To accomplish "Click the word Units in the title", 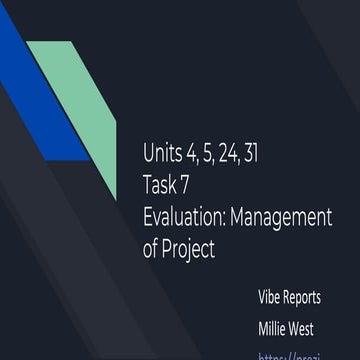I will click(162, 153).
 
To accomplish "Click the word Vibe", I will click(272, 298).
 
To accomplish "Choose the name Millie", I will click(275, 327).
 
